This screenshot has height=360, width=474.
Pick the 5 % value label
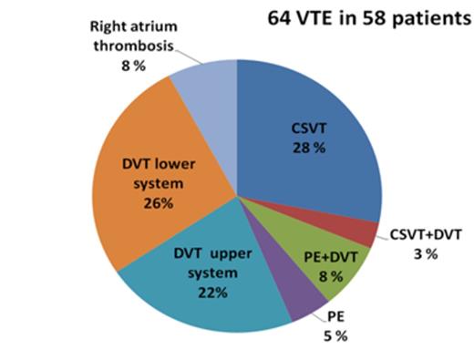click(338, 335)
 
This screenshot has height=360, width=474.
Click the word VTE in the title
click(318, 18)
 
